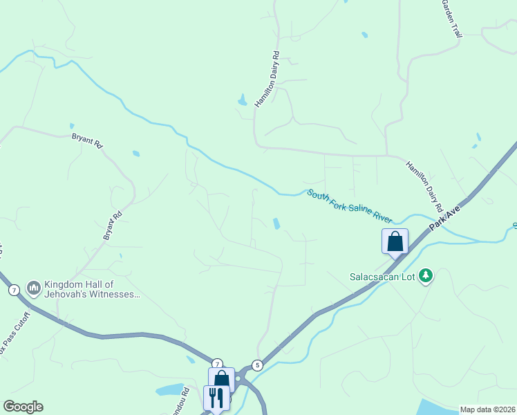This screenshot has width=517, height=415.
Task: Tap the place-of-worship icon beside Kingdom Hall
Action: point(33,286)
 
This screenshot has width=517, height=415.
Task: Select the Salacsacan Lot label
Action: point(382,277)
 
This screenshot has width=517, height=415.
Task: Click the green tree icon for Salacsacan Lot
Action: point(426,276)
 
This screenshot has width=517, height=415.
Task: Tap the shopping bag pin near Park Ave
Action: point(395,241)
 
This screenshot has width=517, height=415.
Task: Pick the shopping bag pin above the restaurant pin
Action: point(221,379)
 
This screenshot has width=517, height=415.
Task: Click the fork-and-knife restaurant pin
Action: point(216,398)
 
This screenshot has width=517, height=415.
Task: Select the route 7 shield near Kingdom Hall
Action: point(14,290)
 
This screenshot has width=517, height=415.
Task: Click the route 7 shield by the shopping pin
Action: point(217,364)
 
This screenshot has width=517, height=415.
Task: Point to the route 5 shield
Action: point(258,365)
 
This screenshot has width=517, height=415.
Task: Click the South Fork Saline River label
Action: point(350,205)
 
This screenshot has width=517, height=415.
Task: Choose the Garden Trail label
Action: point(451,18)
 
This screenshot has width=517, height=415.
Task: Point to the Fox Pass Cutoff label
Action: point(16,334)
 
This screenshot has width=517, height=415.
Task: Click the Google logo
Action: point(23,407)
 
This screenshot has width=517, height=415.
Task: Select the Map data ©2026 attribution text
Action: point(487,409)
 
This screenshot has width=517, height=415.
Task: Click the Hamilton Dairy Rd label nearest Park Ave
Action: point(424,185)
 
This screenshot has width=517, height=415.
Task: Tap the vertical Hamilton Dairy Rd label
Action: point(267,79)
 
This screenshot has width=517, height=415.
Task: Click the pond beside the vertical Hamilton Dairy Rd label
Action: point(243,100)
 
